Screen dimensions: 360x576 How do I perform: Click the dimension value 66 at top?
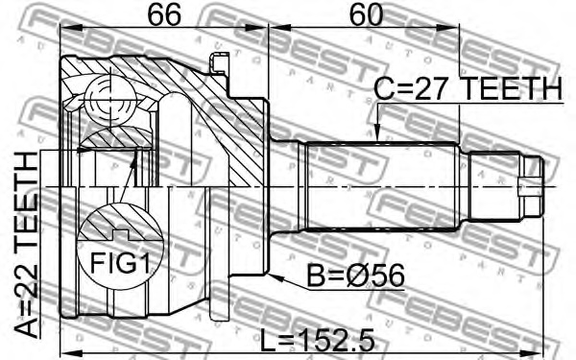click(x=163, y=15)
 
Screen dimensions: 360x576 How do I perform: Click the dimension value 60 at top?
click(x=364, y=15)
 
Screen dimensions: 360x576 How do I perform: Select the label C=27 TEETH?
click(x=467, y=89)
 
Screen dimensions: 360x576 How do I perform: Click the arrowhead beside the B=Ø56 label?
click(x=276, y=278)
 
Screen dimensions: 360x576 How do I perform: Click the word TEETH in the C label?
click(x=509, y=89)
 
